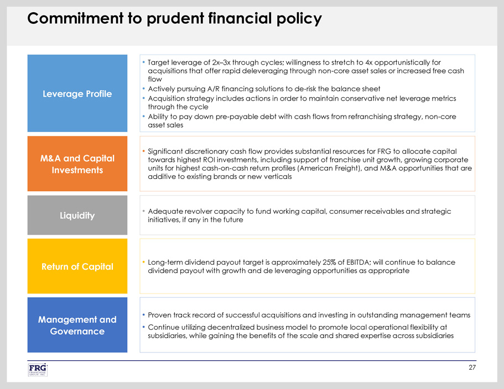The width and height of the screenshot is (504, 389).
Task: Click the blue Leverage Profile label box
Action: click(77, 93)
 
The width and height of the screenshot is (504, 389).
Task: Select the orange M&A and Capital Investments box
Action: click(77, 164)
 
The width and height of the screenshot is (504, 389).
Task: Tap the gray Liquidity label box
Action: click(77, 215)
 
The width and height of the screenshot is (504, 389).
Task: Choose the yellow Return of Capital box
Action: click(77, 266)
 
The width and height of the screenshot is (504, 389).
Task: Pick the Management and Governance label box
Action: click(77, 325)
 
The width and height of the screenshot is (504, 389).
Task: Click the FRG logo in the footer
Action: click(38, 370)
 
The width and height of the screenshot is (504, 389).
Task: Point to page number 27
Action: click(471, 367)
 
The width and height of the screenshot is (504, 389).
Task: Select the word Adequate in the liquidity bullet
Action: click(166, 211)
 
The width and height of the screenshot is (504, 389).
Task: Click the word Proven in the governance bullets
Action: click(162, 315)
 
